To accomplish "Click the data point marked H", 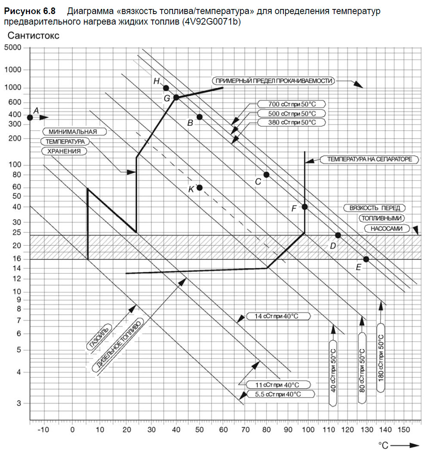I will (x=166, y=88).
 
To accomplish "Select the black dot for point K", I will (x=199, y=187).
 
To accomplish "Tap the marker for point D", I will (x=338, y=235).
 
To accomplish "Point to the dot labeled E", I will (x=366, y=259).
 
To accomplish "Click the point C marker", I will (x=266, y=175).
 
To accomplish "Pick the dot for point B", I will (x=199, y=117).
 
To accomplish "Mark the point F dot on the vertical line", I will (x=305, y=207).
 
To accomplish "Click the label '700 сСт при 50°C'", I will (x=292, y=104).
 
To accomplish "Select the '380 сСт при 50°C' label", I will (x=292, y=122).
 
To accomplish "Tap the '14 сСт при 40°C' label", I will (x=278, y=316).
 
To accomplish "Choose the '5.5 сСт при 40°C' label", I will (x=280, y=394).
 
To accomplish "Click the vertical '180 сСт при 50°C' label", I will (x=381, y=357).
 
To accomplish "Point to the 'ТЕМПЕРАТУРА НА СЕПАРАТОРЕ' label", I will (x=369, y=159).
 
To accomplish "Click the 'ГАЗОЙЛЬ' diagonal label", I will (x=99, y=337).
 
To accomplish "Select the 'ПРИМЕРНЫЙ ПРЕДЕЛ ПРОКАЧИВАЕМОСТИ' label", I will (x=274, y=81).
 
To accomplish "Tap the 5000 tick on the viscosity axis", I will (x=12, y=48).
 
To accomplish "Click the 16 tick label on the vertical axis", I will (x=16, y=259).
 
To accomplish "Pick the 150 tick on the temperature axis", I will (x=404, y=430).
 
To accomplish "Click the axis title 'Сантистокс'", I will (x=34, y=36).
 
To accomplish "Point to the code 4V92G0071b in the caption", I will (x=210, y=21).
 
